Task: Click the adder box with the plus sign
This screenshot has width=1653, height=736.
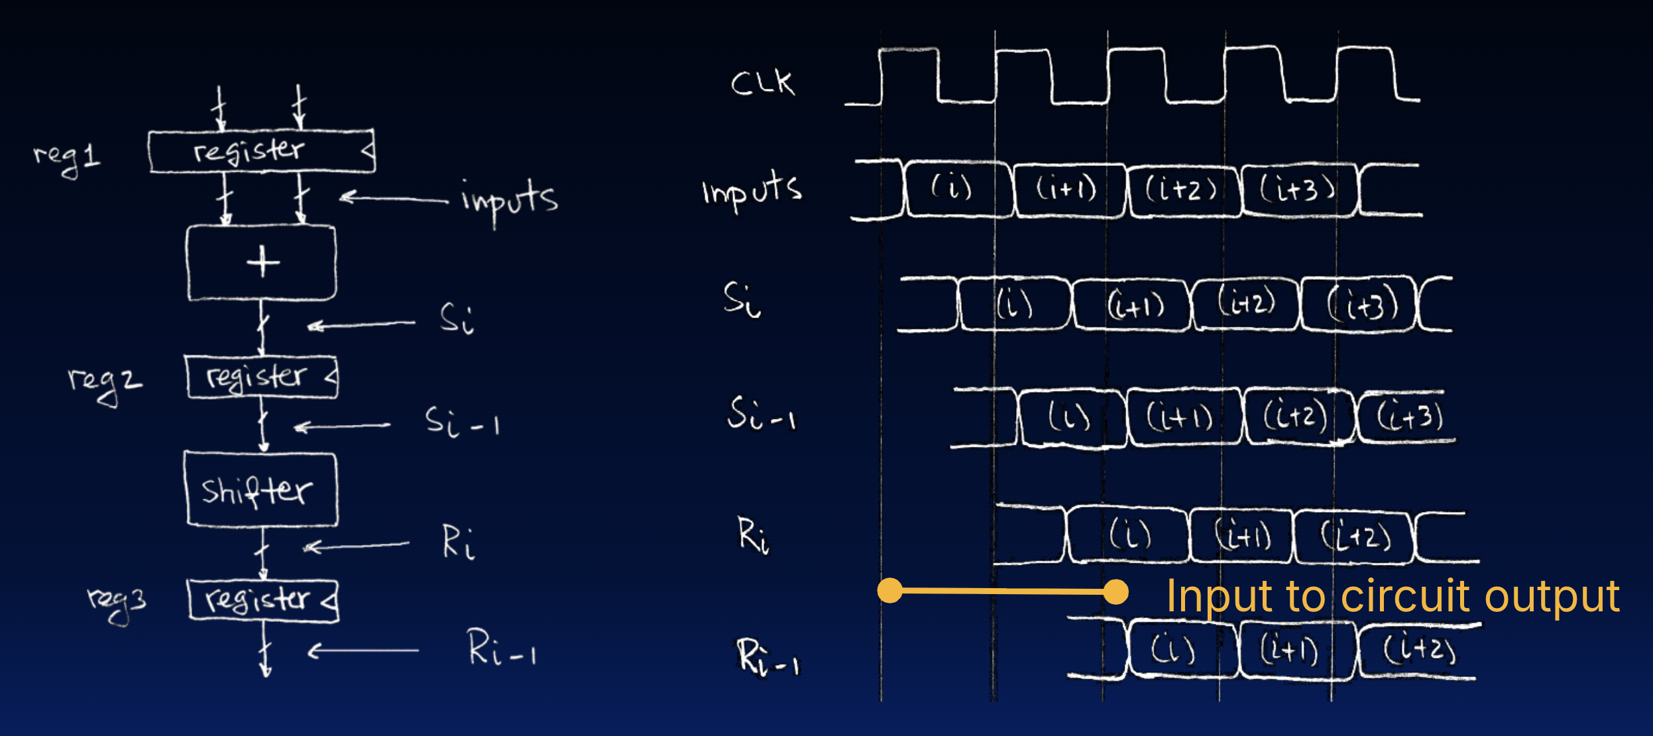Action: [261, 263]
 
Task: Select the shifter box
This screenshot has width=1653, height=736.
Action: [260, 489]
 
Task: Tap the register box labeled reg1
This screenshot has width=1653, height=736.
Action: [261, 151]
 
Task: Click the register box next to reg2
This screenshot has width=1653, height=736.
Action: [262, 377]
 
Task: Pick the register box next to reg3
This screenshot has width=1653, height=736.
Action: [263, 600]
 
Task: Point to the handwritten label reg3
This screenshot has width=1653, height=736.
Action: [117, 602]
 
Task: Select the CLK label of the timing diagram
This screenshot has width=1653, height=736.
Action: [762, 84]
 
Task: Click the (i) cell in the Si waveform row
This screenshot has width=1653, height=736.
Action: [1014, 305]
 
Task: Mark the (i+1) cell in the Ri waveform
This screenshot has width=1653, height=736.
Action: [1241, 534]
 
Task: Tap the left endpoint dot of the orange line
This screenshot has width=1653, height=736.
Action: [889, 590]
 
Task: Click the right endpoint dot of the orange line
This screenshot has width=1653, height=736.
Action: [1116, 591]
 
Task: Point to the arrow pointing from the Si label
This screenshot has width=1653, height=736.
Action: [361, 325]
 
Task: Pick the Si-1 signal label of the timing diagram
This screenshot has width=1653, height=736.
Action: [761, 415]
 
